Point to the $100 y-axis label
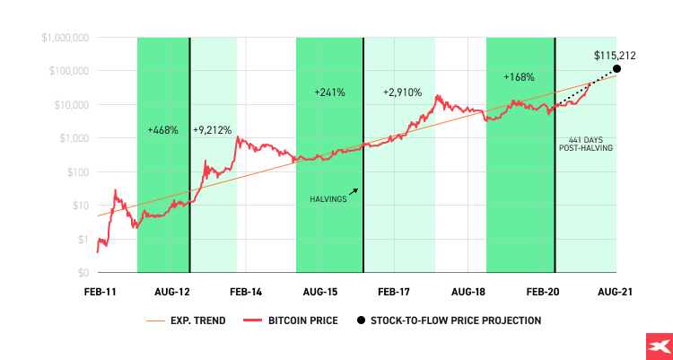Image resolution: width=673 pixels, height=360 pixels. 75,171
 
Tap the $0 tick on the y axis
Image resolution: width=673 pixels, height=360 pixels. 81,272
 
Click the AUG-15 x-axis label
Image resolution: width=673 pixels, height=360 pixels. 320,293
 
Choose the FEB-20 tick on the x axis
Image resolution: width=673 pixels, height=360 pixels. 543,293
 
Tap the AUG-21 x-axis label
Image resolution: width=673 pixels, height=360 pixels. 616,293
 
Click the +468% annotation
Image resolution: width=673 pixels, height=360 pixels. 162,131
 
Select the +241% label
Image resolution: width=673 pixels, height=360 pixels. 328,92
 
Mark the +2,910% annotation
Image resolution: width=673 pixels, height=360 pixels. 402,92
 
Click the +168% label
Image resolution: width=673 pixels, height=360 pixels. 519,77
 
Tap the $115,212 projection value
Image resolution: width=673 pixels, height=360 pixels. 614,56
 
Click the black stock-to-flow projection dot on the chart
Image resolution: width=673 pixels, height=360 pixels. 616,69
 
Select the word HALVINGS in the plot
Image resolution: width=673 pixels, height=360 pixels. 328,198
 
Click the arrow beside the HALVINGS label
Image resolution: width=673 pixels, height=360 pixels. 354,190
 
